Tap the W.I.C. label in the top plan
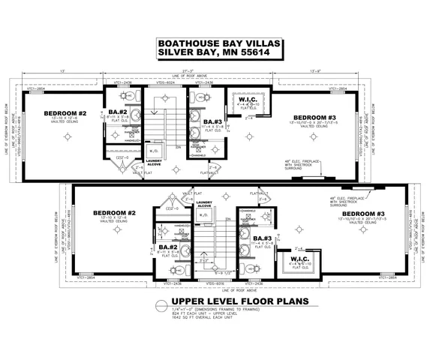[x=249, y=100]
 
